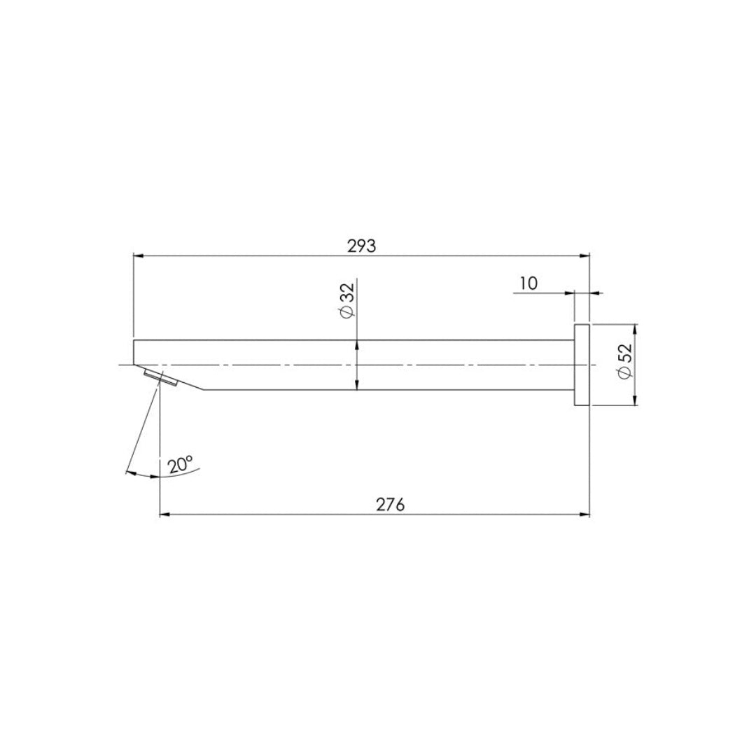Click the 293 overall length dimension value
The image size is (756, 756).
click(361, 246)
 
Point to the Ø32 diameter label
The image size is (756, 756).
click(346, 301)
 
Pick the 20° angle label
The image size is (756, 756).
click(180, 464)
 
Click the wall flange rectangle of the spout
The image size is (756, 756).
click(582, 365)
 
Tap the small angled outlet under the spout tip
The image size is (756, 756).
click(160, 379)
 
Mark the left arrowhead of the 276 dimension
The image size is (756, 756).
click(165, 515)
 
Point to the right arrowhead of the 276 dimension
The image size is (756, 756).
click(585, 515)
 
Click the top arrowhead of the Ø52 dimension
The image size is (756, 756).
click(635, 329)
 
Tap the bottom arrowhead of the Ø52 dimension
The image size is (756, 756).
click(635, 400)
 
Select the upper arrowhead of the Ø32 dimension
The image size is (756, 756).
click(357, 344)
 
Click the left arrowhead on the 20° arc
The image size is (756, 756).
click(129, 473)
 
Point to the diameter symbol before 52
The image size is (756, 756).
click(625, 377)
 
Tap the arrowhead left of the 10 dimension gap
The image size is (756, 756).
click(570, 294)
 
